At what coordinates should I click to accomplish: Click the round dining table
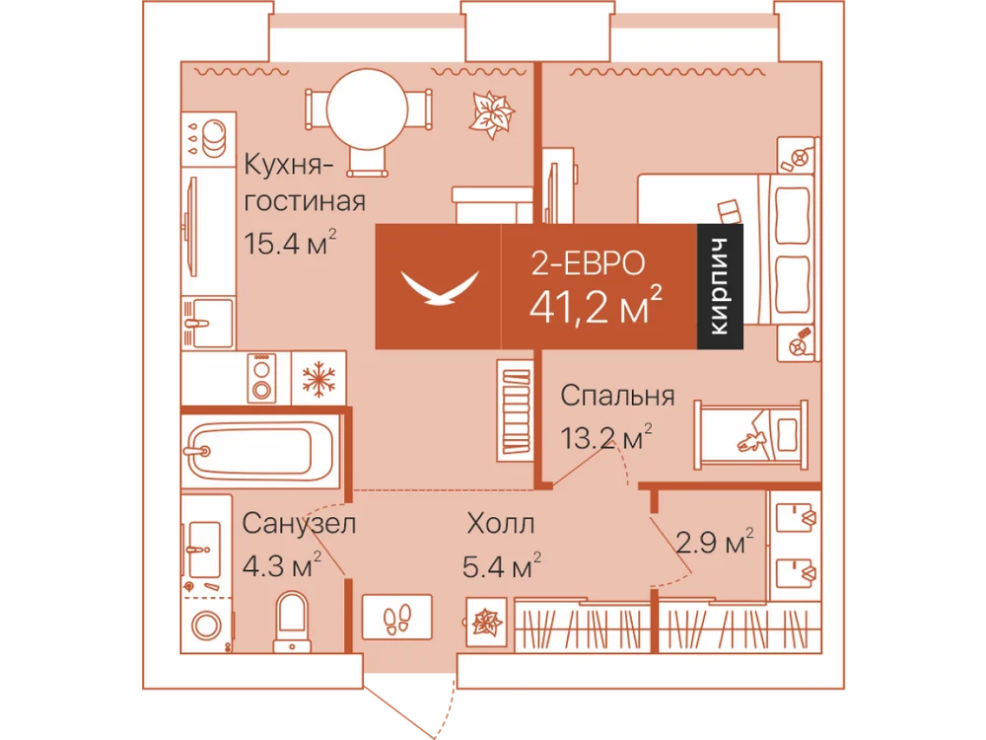pos(367,110)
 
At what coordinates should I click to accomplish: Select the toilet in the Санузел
pos(293,621)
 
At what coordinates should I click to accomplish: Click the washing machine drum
pos(207,627)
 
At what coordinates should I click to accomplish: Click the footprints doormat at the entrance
pos(396,617)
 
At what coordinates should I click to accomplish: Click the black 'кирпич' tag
pos(720,286)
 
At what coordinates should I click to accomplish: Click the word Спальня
pos(617,396)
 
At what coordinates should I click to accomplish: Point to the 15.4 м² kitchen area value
pos(290,243)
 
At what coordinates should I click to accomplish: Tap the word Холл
pos(501,524)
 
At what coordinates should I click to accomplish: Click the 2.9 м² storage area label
pos(714,541)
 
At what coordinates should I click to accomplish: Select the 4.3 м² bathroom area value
pos(282,564)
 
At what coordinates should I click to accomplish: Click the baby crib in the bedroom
pos(750,434)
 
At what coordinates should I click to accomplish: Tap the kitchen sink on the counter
pos(208,323)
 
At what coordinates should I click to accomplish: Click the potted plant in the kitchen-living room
pos(491,114)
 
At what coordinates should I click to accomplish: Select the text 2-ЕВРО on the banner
pos(588,262)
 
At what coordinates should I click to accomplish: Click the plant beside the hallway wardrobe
pos(487,623)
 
